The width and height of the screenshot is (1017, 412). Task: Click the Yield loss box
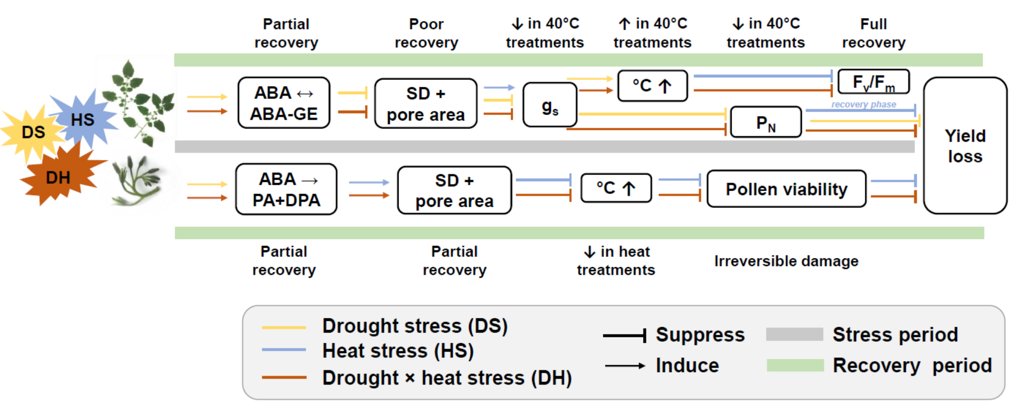click(964, 145)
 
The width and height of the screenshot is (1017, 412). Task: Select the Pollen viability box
click(786, 189)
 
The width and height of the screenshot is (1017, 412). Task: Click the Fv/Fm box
click(873, 82)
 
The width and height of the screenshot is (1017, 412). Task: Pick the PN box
click(765, 122)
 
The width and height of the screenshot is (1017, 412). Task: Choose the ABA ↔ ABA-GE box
click(284, 103)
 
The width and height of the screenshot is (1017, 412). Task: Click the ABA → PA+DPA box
click(286, 189)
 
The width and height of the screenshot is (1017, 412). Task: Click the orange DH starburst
click(59, 177)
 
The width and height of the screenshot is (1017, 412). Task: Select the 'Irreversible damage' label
click(786, 261)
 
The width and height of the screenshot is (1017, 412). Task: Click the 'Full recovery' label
click(874, 33)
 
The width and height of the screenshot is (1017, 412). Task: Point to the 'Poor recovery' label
click(426, 33)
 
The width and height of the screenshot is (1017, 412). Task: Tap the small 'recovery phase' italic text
click(863, 104)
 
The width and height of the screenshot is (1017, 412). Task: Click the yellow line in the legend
click(284, 327)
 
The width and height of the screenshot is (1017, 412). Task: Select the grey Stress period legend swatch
click(795, 334)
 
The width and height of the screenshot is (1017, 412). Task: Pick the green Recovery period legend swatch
click(795, 365)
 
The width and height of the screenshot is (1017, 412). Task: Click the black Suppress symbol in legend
click(625, 335)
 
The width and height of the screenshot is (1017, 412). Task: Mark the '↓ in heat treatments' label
click(616, 261)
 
